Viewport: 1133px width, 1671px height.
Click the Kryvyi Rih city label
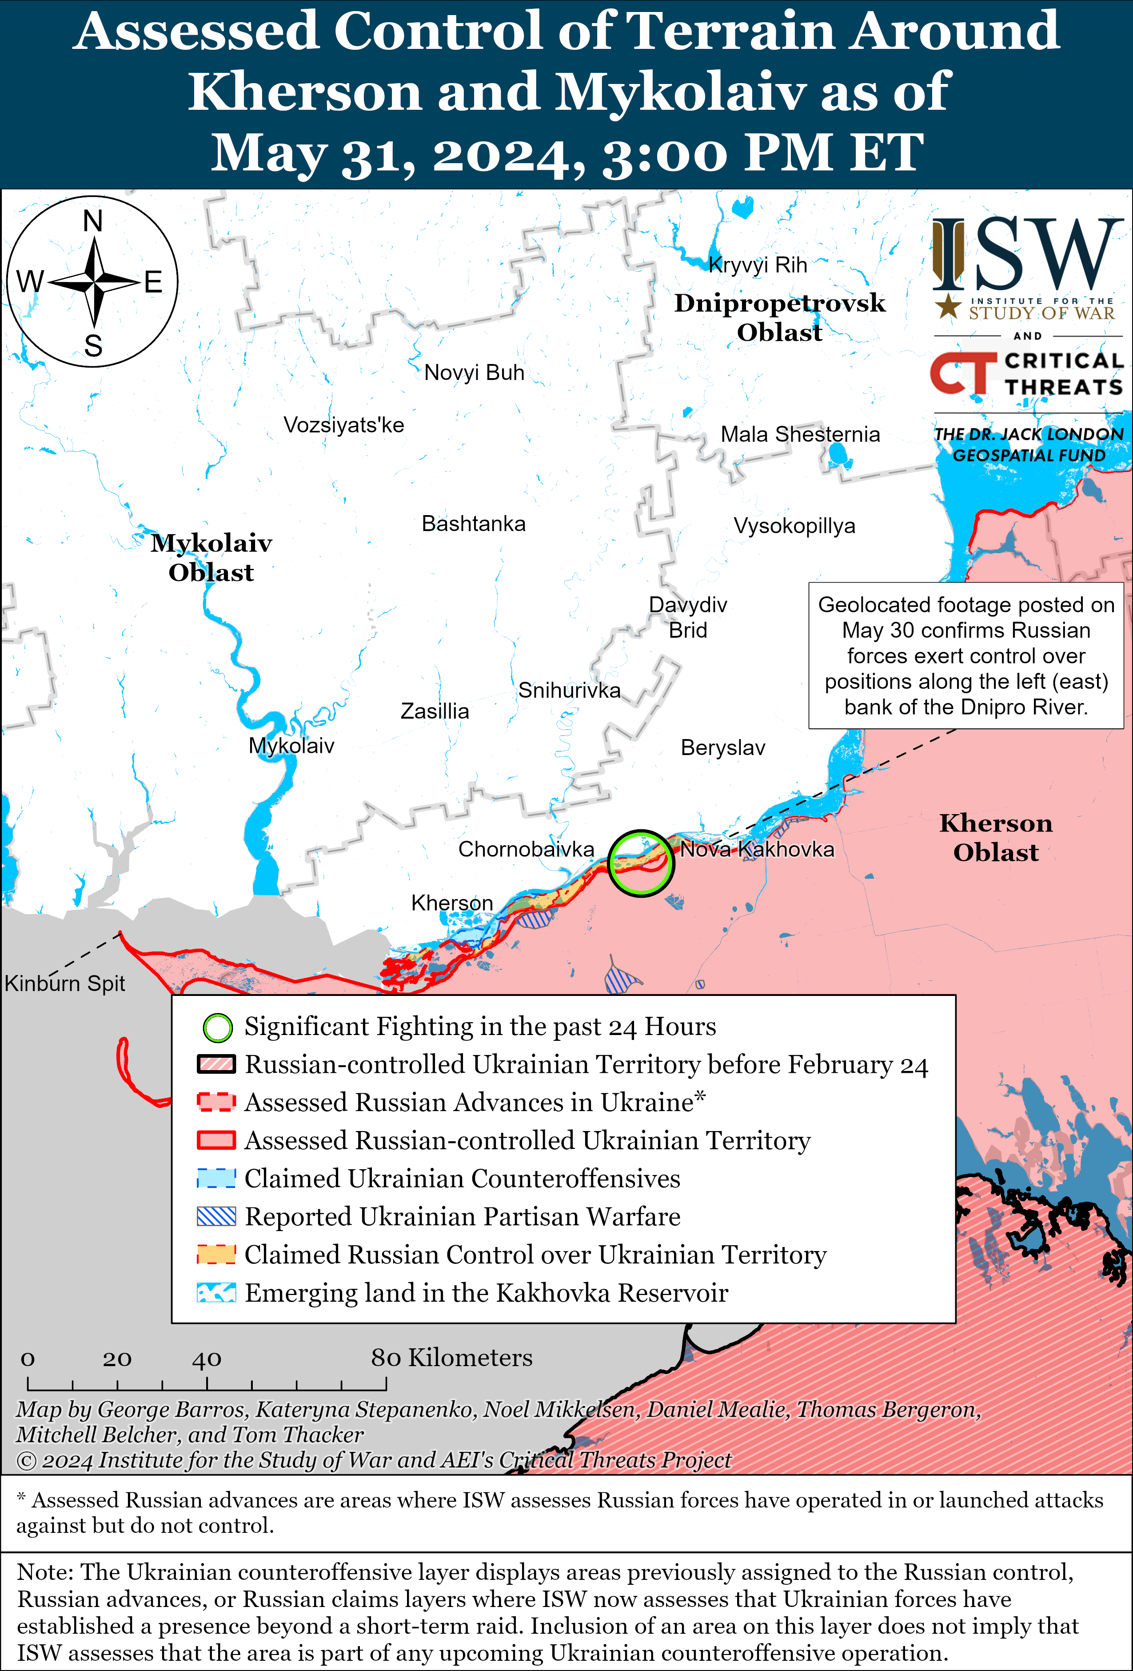(x=758, y=265)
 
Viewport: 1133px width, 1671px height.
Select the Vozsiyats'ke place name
(x=343, y=425)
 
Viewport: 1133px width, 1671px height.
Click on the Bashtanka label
(x=473, y=524)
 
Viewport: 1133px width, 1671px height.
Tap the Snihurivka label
(x=569, y=690)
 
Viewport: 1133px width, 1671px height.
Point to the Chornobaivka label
(x=526, y=849)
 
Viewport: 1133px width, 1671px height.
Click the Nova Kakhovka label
(x=757, y=849)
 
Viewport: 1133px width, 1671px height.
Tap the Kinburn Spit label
(x=65, y=983)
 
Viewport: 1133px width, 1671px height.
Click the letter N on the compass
(x=93, y=221)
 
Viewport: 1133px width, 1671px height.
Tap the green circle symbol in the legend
(x=217, y=1027)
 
